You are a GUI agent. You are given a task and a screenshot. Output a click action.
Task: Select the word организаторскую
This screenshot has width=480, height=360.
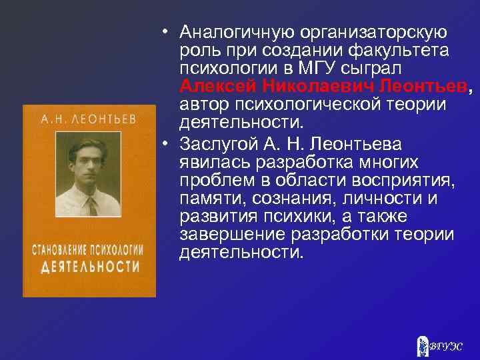[x=375, y=32]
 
